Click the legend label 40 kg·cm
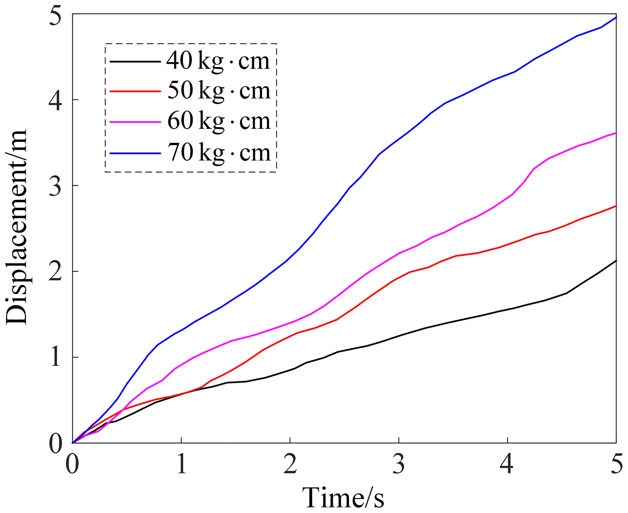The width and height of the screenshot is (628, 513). click(218, 61)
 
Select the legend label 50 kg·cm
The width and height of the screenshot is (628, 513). click(218, 91)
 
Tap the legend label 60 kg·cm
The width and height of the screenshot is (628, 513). click(218, 121)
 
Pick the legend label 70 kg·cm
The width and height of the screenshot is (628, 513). click(218, 153)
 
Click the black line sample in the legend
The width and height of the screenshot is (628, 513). click(135, 62)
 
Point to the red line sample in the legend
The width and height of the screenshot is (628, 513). click(135, 91)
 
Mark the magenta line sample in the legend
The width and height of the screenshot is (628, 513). click(135, 122)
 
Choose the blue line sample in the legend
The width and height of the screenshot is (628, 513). click(135, 153)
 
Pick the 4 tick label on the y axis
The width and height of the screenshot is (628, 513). click(56, 100)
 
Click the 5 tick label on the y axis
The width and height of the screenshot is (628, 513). click(56, 15)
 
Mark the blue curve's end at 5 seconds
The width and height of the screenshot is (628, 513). click(616, 18)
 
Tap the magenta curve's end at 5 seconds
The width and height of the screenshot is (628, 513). click(616, 133)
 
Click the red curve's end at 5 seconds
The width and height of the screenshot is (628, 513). click(616, 206)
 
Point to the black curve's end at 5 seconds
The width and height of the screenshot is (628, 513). click(616, 261)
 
